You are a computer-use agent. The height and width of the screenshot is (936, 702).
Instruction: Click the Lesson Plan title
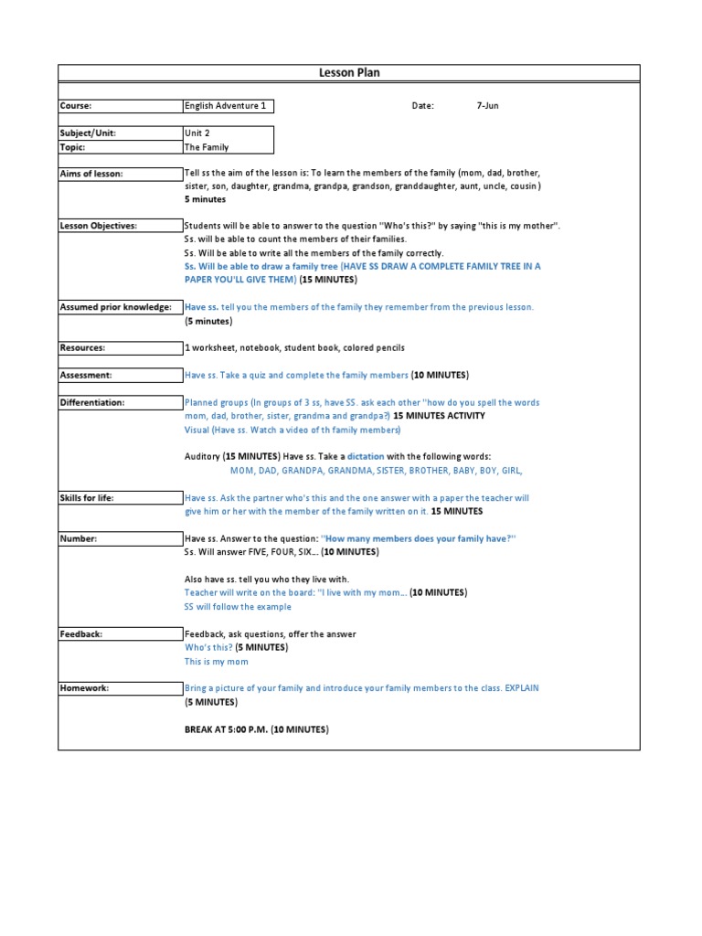(x=349, y=73)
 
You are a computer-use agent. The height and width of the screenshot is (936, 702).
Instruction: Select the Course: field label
(x=76, y=106)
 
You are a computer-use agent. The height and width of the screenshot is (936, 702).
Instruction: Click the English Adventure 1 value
(x=226, y=106)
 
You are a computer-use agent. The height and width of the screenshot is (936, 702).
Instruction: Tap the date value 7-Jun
(x=488, y=106)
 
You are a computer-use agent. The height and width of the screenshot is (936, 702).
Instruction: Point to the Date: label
(x=422, y=106)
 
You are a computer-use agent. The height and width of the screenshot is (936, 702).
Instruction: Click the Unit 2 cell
(x=197, y=133)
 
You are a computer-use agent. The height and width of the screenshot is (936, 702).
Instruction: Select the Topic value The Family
(x=207, y=147)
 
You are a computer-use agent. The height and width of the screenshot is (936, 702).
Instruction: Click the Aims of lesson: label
(x=91, y=174)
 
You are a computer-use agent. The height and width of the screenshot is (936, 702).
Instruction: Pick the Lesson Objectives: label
(x=99, y=226)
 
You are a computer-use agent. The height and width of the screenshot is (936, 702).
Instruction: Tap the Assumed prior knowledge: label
(x=115, y=307)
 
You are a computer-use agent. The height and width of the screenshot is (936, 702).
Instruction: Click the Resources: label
(x=82, y=348)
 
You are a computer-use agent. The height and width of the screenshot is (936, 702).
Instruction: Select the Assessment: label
(x=86, y=376)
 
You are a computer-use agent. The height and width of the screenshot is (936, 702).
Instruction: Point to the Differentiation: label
(x=92, y=402)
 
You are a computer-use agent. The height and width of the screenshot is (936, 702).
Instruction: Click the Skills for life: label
(x=87, y=498)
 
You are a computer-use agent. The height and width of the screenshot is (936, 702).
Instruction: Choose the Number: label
(x=79, y=539)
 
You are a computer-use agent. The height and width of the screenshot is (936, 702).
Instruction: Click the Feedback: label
(x=81, y=634)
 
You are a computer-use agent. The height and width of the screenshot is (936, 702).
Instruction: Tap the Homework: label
(x=84, y=688)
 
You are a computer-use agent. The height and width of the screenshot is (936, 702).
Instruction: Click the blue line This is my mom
(x=217, y=662)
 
